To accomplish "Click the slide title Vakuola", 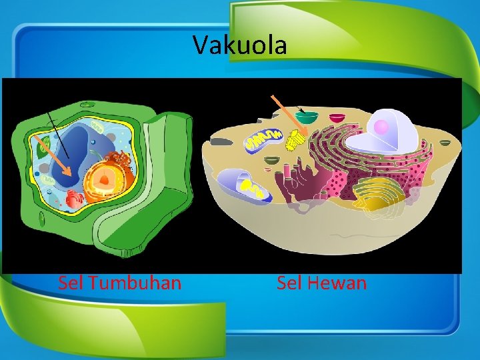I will (240, 45).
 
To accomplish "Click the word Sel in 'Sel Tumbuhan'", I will (71, 283).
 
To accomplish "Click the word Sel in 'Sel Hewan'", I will (290, 283).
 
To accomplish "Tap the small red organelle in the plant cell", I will (74, 198).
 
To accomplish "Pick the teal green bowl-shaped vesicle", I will (307, 117).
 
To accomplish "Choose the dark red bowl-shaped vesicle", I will (338, 118).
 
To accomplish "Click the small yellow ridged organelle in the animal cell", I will (295, 139).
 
